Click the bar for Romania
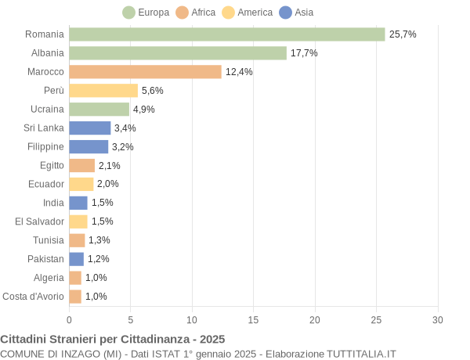point(227,34)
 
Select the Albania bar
point(178,53)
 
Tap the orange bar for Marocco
point(145,72)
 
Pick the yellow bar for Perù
point(103,91)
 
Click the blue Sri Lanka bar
point(90,128)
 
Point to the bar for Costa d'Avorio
point(75,297)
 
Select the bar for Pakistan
point(76,259)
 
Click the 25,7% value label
point(403,34)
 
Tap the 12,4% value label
point(239,72)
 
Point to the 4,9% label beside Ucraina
point(143,110)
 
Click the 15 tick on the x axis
point(253,320)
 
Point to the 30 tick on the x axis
point(438,320)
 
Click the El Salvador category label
point(39,221)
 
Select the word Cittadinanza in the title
point(154,339)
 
